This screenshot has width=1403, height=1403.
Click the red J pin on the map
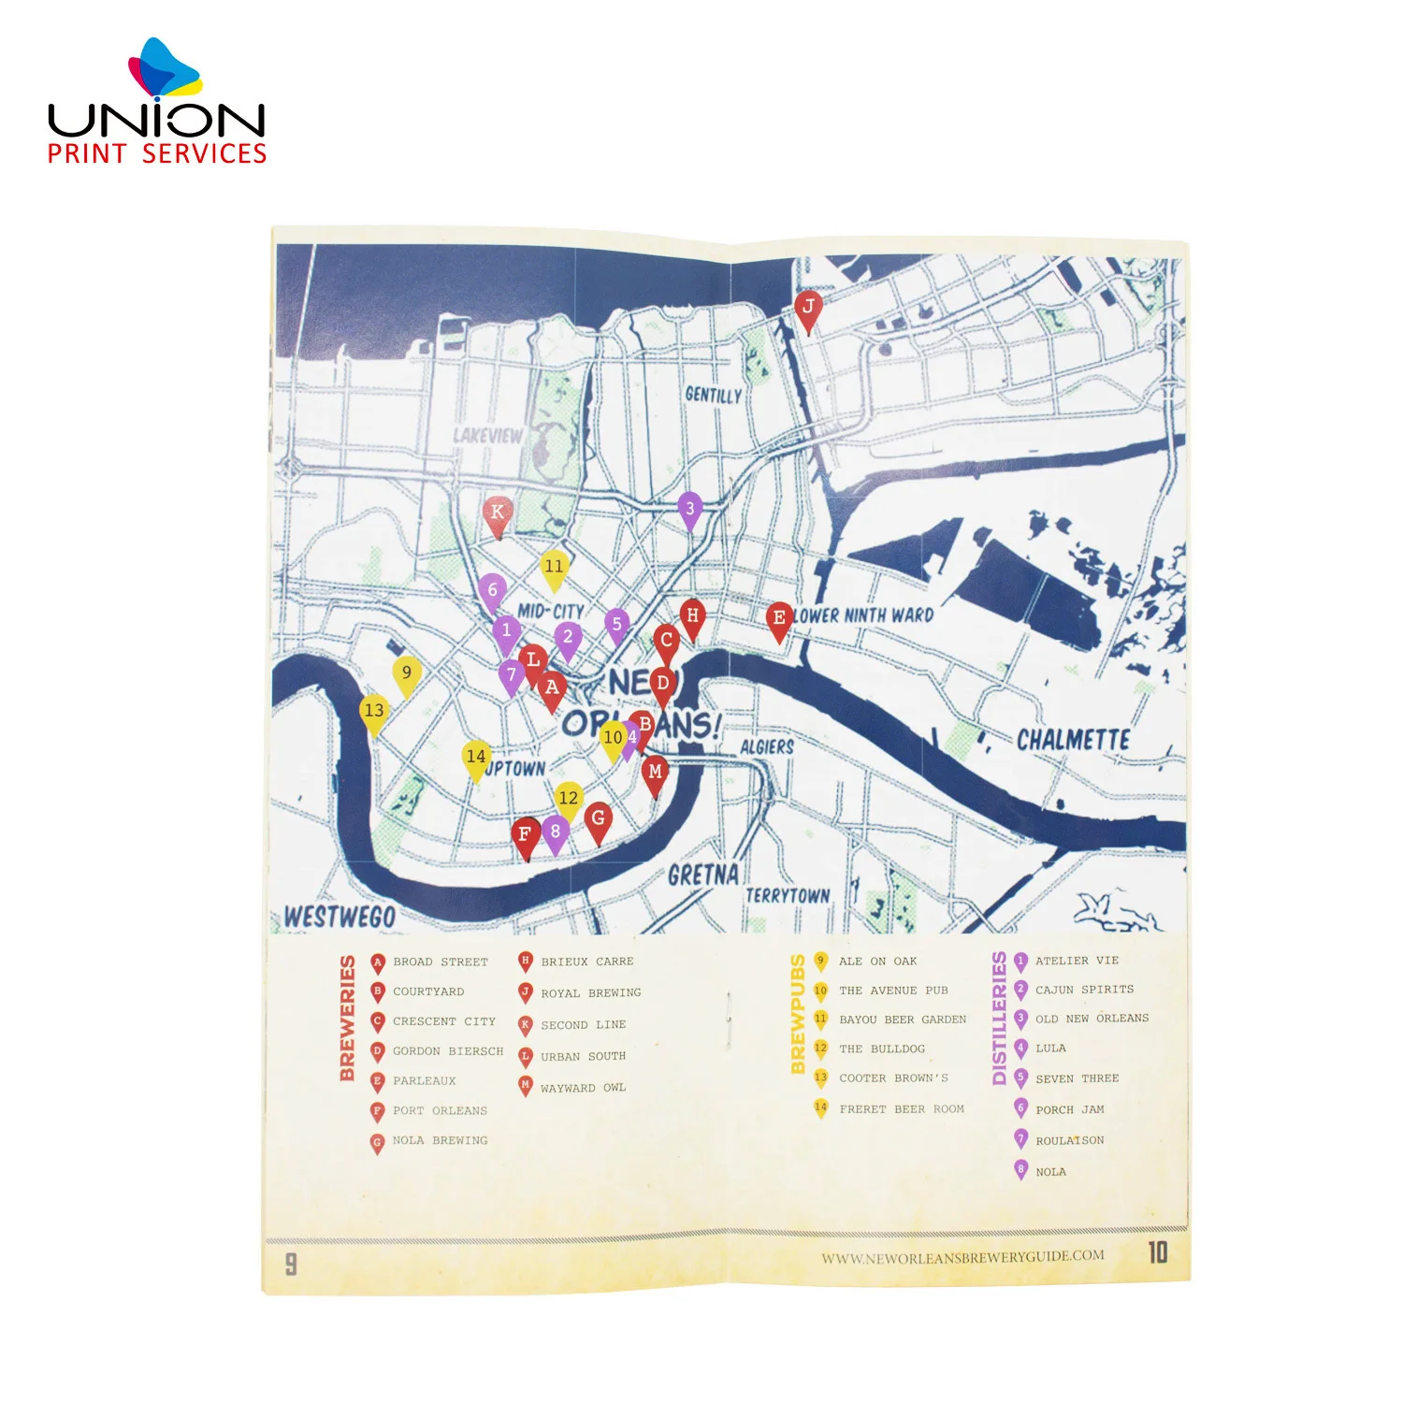click(x=808, y=309)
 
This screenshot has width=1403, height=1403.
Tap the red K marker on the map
click(x=497, y=513)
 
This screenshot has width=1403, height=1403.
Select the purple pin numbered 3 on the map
click(x=689, y=510)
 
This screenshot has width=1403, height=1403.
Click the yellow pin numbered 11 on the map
click(x=554, y=568)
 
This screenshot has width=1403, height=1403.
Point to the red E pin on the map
click(x=778, y=619)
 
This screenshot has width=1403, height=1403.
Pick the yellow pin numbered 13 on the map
click(x=374, y=712)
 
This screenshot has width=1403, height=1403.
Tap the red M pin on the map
click(x=655, y=774)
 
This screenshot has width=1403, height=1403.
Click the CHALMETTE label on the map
click(x=1073, y=740)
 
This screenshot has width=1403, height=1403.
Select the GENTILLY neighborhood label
click(x=713, y=395)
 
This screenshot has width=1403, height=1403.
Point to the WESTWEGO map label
click(x=340, y=917)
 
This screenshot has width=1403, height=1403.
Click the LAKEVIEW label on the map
click(x=487, y=436)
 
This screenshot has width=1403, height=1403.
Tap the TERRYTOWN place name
click(x=787, y=895)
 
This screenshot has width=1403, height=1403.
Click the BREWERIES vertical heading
click(x=348, y=1018)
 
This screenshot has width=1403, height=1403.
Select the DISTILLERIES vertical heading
click(x=999, y=1018)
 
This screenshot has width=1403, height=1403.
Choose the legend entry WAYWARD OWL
click(x=583, y=1088)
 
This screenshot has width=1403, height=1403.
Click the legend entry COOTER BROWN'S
click(x=893, y=1078)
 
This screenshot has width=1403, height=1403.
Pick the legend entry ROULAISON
click(x=1069, y=1141)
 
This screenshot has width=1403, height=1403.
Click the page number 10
click(x=1158, y=1252)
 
